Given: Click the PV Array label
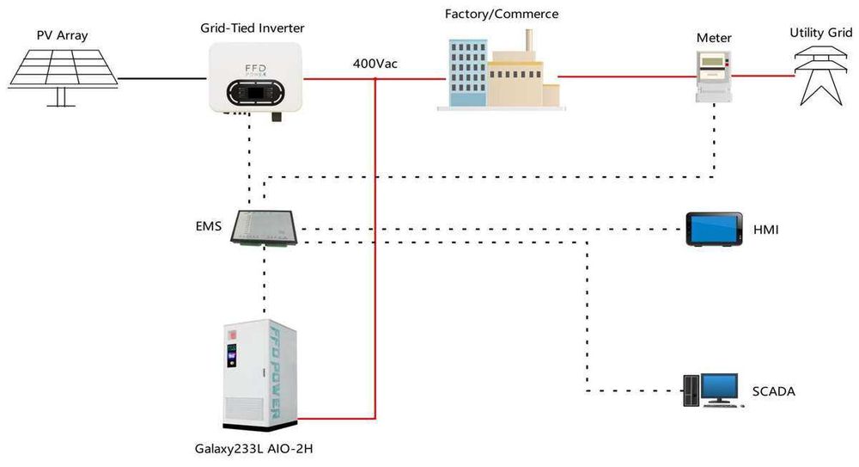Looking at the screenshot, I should pyautogui.click(x=62, y=35).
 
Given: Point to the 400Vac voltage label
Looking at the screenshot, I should pyautogui.click(x=375, y=64).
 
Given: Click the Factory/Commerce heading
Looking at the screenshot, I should pyautogui.click(x=501, y=14).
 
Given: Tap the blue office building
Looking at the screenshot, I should pyautogui.click(x=467, y=74).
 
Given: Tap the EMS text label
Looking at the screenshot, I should pyautogui.click(x=209, y=227).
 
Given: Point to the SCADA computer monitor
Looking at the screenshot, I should pyautogui.click(x=719, y=389).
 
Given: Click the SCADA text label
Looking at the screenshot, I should pyautogui.click(x=773, y=391).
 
